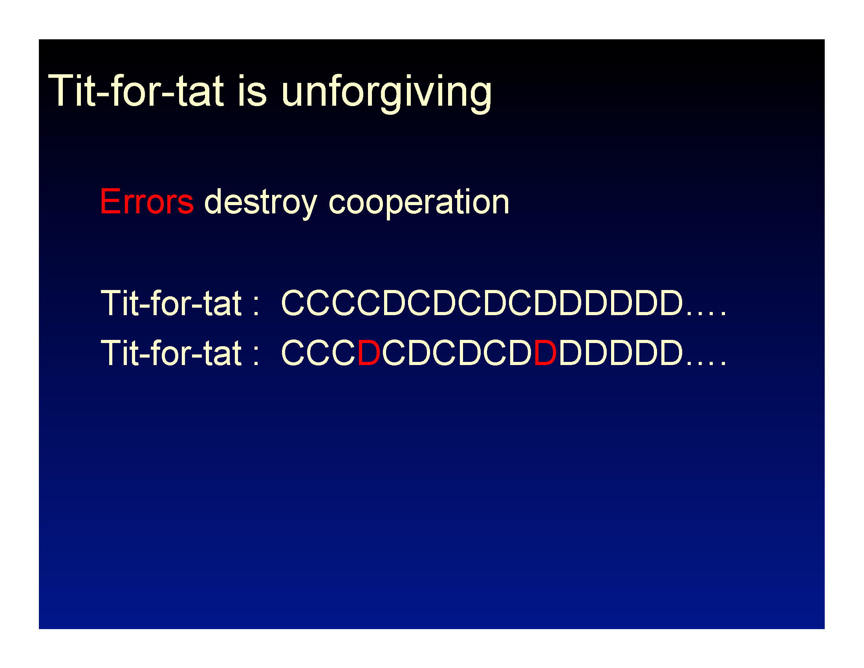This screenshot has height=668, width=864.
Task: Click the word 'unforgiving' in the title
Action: pyautogui.click(x=386, y=94)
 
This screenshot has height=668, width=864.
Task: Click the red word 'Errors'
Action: pyautogui.click(x=147, y=202)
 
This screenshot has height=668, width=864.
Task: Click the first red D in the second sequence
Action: pyautogui.click(x=369, y=352)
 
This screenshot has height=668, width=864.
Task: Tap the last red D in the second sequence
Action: pyautogui.click(x=545, y=352)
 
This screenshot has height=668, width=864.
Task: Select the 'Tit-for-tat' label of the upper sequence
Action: pyautogui.click(x=171, y=303)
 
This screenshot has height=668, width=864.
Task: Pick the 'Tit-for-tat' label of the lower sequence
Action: pyautogui.click(x=171, y=352)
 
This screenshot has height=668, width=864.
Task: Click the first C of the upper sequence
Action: pyautogui.click(x=293, y=303)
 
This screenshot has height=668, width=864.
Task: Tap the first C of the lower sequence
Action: pyautogui.click(x=293, y=352)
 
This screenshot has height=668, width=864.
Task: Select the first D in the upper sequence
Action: pyautogui.click(x=394, y=303)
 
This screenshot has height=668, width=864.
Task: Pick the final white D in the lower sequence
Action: pyautogui.click(x=671, y=352)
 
